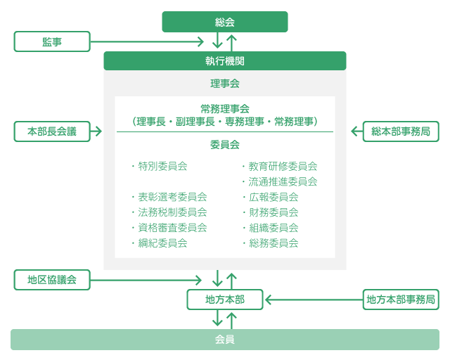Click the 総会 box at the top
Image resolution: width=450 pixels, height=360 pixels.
pyautogui.click(x=225, y=22)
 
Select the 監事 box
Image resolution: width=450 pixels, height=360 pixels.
pyautogui.click(x=52, y=41)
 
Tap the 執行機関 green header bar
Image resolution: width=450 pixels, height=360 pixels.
pyautogui.click(x=225, y=61)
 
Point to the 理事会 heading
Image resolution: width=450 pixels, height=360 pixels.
pyautogui.click(x=225, y=84)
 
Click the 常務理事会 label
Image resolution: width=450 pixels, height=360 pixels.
pyautogui.click(x=225, y=108)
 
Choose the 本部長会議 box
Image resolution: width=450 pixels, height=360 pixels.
pyautogui.click(x=52, y=131)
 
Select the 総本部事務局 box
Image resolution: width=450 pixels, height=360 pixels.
pyautogui.click(x=401, y=131)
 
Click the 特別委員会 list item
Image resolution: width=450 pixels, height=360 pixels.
pyautogui.click(x=162, y=167)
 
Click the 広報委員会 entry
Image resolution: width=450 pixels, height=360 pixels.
pyautogui.click(x=274, y=197)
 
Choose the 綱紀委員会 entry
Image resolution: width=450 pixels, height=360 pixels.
pyautogui.click(x=162, y=243)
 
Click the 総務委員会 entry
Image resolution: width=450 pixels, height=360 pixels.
pyautogui.click(x=274, y=243)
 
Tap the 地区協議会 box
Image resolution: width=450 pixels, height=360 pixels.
pyautogui.click(x=52, y=279)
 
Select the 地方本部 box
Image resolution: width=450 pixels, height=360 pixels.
pyautogui.click(x=225, y=300)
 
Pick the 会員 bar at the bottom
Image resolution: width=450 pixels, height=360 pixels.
pyautogui.click(x=225, y=340)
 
